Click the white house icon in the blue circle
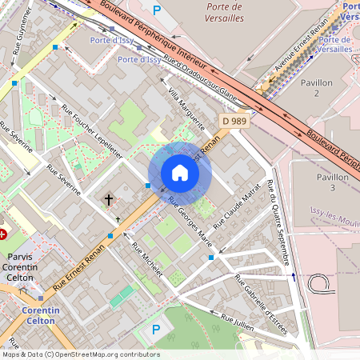[180, 173]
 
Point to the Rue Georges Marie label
[190, 218]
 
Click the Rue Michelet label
[147, 260]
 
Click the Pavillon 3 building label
[332, 182]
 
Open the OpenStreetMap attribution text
[81, 354]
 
